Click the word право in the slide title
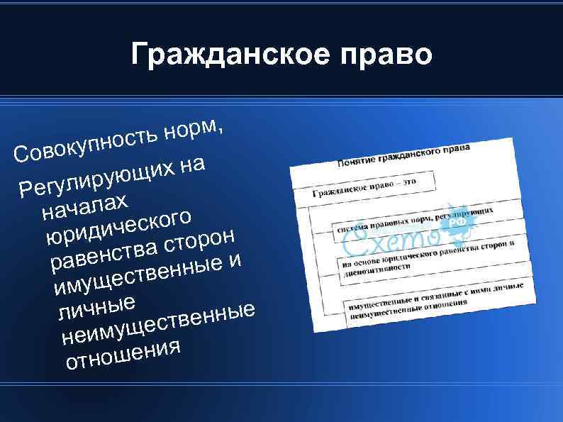(384, 55)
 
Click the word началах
(84, 204)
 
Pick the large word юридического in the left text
(117, 224)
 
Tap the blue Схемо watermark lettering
(386, 243)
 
